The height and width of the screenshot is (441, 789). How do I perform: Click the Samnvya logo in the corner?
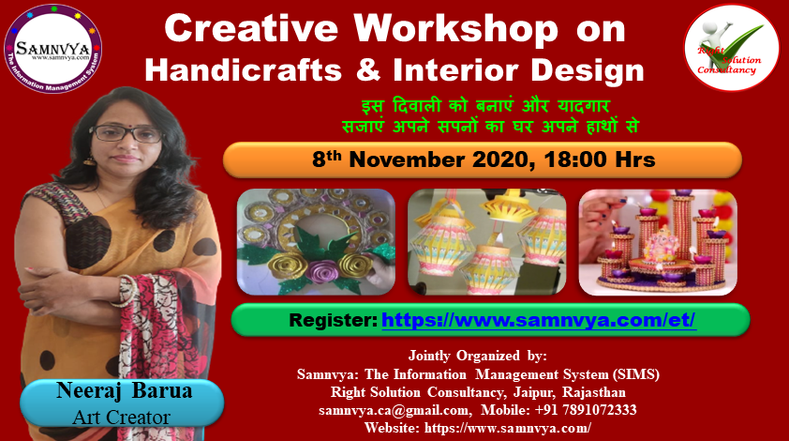(x=52, y=49)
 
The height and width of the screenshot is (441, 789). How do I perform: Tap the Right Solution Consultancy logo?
(x=731, y=48)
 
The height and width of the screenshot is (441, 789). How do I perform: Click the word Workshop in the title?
(x=456, y=29)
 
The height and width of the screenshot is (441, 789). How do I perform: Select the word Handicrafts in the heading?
(x=243, y=69)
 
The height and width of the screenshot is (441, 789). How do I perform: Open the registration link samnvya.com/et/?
(x=539, y=320)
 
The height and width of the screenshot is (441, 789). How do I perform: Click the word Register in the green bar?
(x=333, y=320)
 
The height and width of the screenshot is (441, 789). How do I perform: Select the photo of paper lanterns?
(x=486, y=242)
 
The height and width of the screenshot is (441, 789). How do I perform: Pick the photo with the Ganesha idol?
(x=658, y=242)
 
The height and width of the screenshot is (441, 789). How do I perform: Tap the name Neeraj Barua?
(x=124, y=390)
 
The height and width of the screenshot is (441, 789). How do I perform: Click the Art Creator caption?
(x=121, y=418)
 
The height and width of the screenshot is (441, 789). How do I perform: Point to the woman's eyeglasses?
(x=126, y=133)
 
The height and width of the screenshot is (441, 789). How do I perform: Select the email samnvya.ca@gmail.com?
(x=395, y=411)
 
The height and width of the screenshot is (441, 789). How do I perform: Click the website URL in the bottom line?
(x=508, y=428)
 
